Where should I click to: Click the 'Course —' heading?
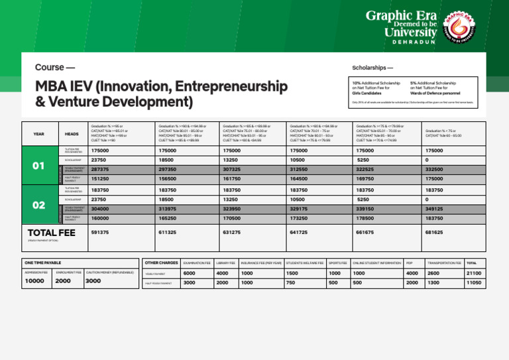[54, 68]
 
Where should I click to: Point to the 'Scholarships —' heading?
[372, 68]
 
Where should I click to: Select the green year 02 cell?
[39, 205]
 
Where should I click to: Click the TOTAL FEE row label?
[52, 233]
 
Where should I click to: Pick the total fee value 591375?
[100, 233]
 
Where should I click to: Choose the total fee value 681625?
[434, 233]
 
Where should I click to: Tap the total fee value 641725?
[300, 233]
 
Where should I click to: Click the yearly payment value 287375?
[100, 170]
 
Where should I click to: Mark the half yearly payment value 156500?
[168, 179]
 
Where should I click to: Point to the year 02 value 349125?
[434, 208]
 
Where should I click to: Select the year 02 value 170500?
[233, 217]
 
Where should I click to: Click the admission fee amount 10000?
[34, 281]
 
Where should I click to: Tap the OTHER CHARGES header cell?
[161, 263]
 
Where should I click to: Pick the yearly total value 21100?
[475, 273]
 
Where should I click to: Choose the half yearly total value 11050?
[475, 283]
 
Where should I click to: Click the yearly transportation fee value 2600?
[433, 273]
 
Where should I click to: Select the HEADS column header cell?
[72, 134]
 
